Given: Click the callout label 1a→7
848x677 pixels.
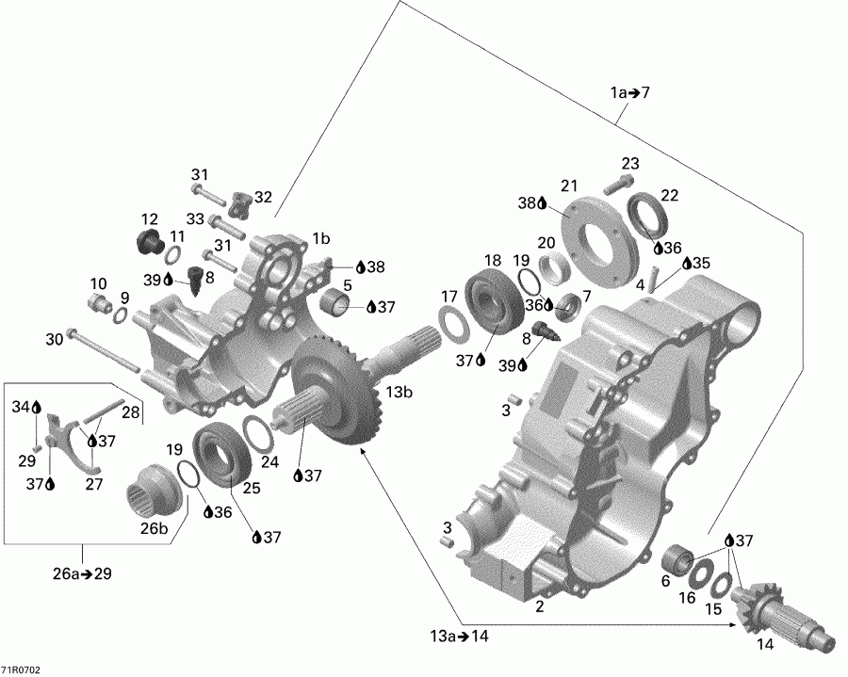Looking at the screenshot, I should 629,92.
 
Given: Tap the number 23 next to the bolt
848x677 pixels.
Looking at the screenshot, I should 629,163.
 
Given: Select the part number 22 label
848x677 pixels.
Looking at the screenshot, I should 670,195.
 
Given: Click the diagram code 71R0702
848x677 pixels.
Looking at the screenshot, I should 21,669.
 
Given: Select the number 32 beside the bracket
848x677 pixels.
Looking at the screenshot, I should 263,197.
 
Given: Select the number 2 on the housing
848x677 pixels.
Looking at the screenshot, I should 539,606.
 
